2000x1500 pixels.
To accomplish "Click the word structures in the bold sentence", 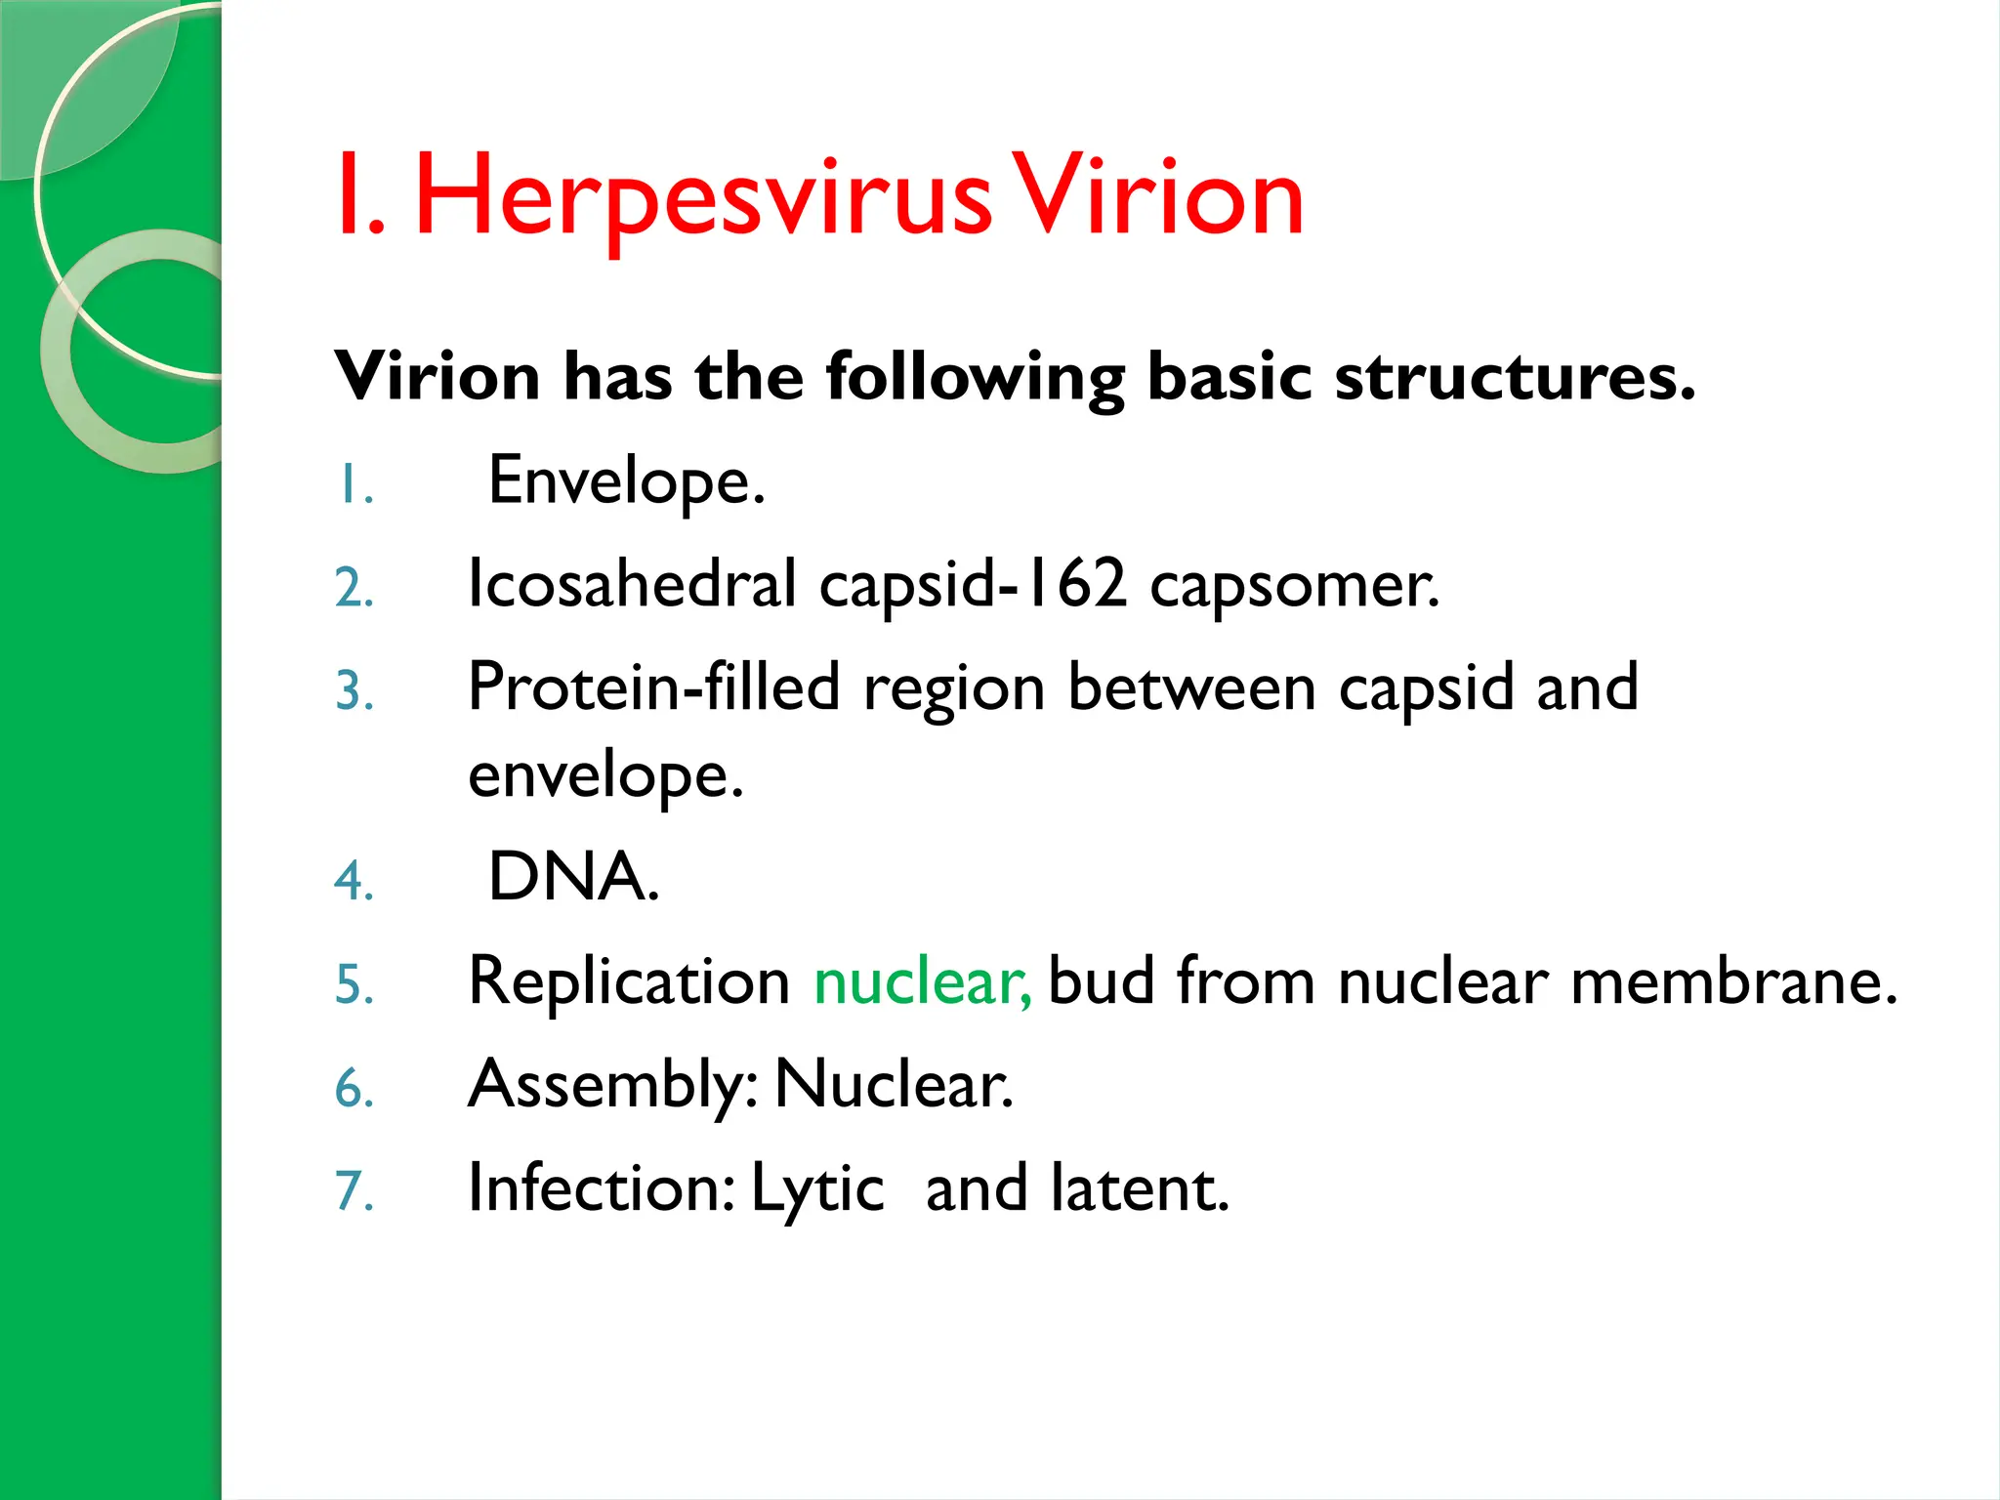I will [x=1514, y=376].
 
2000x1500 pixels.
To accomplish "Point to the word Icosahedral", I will [x=632, y=584].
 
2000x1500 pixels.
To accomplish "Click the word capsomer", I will [x=1294, y=586].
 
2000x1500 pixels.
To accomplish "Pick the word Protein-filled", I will [x=653, y=687].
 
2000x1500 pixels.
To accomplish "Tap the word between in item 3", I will [x=1191, y=687].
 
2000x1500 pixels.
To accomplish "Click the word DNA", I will [x=573, y=876].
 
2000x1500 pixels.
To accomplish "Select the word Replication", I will [x=629, y=981].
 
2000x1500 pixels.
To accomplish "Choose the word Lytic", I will [x=817, y=1189].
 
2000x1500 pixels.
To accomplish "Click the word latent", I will [x=1139, y=1189].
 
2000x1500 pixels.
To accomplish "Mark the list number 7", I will [x=354, y=1191].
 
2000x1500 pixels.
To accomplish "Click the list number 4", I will [x=354, y=880].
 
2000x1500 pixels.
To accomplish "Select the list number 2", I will [x=354, y=589].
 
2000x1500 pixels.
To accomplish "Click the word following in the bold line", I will [x=975, y=378].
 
